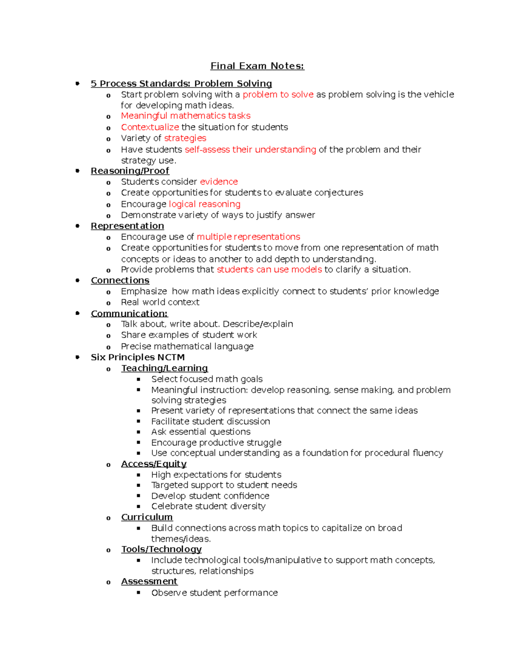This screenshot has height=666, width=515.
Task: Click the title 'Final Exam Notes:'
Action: (257, 66)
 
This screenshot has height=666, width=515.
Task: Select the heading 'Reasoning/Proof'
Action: (130, 171)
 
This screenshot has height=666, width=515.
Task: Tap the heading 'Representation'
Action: (127, 226)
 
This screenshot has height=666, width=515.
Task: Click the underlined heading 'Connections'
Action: (120, 280)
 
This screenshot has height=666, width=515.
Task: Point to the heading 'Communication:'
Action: (129, 313)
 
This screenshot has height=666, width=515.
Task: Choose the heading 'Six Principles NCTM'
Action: (138, 357)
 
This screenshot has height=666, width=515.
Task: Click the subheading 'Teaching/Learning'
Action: (164, 368)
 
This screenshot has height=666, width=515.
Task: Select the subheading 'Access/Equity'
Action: (154, 464)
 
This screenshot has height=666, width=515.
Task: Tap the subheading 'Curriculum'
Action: (147, 517)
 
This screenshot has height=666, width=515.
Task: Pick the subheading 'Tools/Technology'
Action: (161, 549)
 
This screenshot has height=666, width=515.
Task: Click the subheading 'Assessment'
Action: (149, 582)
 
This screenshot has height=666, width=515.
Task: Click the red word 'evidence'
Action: (219, 182)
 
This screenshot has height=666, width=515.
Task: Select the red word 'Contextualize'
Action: (150, 127)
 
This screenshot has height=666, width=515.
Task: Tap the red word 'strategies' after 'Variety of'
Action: (185, 138)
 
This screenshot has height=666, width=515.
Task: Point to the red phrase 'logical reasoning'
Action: (205, 204)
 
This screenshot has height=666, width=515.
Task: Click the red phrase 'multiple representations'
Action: (248, 237)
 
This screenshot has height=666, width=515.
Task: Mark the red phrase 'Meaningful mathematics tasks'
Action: (185, 116)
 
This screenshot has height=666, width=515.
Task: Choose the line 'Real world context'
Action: (160, 302)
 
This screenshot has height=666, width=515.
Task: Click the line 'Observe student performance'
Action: (215, 593)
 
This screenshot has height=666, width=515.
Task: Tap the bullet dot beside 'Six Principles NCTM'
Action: (78, 357)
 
